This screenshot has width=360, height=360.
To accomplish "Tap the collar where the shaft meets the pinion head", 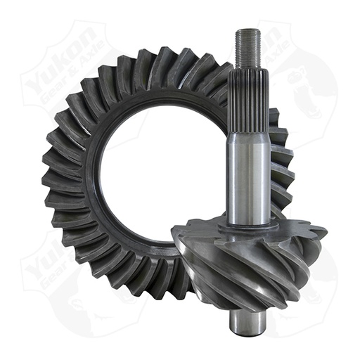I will click(x=249, y=224).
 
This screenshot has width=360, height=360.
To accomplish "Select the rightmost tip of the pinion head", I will click(x=326, y=232).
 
